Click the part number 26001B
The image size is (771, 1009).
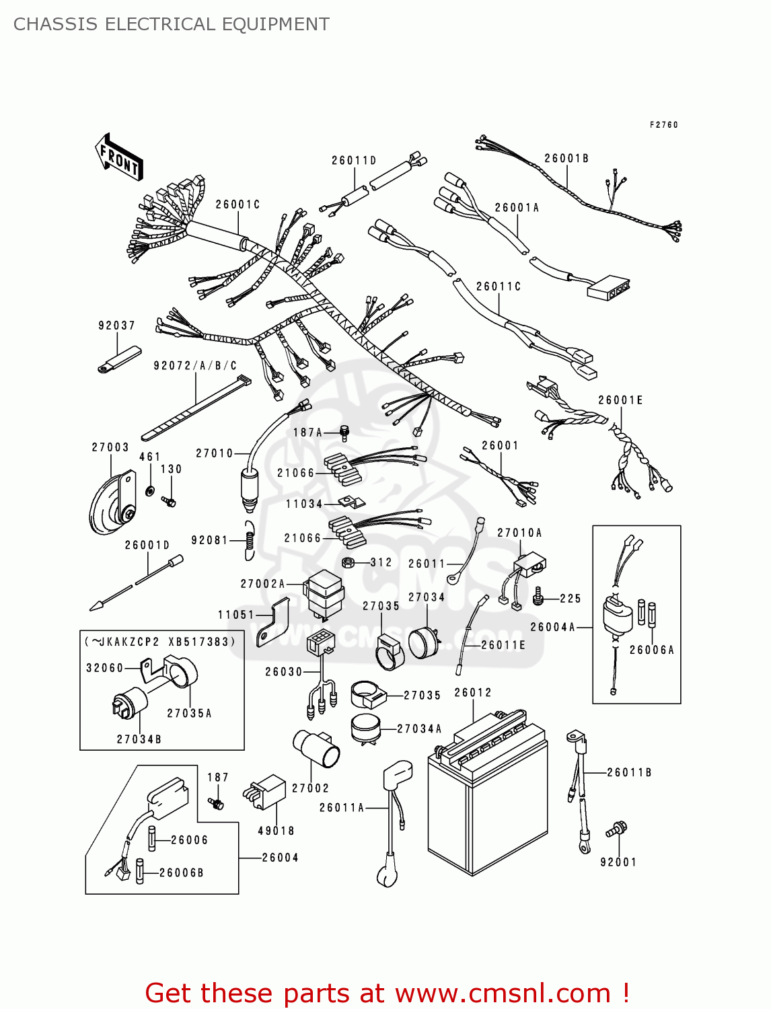coord(566,159)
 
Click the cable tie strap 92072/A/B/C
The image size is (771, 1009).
coord(195,407)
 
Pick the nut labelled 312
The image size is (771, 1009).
coord(349,562)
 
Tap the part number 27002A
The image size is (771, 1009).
coord(262,584)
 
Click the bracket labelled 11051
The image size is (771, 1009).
coord(273,622)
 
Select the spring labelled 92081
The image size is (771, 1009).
coord(249,540)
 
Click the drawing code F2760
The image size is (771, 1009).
coord(663,125)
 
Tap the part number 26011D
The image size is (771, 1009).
coord(354,161)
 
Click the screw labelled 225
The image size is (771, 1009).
coord(538,597)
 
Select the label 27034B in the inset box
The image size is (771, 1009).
coord(139,739)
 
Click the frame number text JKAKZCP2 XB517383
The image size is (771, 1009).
coord(161,642)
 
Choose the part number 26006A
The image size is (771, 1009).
coord(651,650)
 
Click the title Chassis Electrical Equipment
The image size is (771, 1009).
coord(171,24)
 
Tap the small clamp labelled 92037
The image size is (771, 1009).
coord(120,359)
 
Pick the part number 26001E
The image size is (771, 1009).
coord(620,400)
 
